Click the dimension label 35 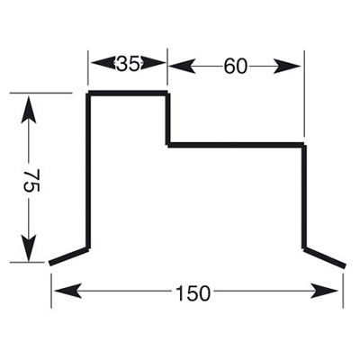click(x=129, y=64)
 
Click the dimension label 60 click(x=236, y=67)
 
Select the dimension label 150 click(x=193, y=293)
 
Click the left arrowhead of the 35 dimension click(x=103, y=63)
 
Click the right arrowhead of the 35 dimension click(x=153, y=63)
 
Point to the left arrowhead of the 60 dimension click(x=182, y=66)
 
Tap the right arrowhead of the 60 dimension click(x=287, y=66)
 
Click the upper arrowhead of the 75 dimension click(x=29, y=110)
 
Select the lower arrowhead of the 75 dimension click(x=29, y=247)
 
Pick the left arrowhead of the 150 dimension click(x=68, y=291)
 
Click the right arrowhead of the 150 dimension click(x=325, y=291)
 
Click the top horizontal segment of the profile click(x=128, y=93)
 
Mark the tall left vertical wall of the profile click(x=88, y=171)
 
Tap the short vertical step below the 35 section click(x=167, y=120)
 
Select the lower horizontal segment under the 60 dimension click(x=236, y=145)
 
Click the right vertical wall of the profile click(x=304, y=197)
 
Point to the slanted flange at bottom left click(x=68, y=256)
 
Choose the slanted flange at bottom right click(x=325, y=257)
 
